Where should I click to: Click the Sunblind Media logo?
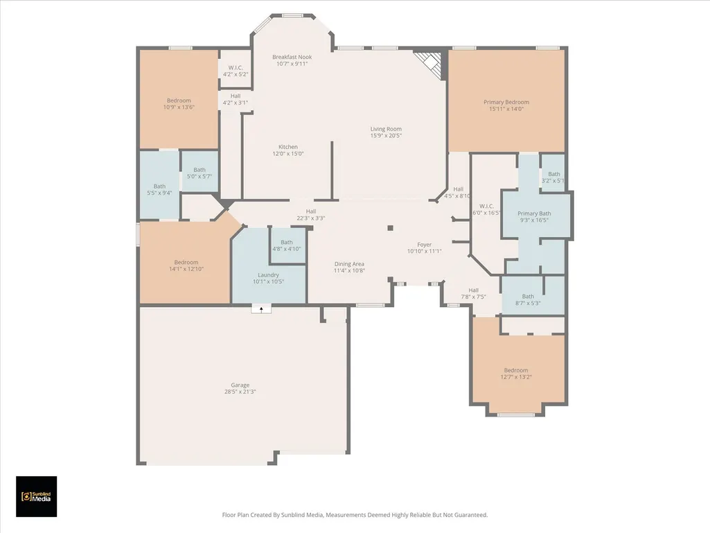pos(36,496)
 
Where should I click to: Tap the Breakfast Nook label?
pos(292,57)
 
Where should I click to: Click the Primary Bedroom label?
pos(506,103)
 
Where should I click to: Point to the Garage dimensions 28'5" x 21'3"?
pos(240,392)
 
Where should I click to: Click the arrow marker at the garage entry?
pos(261,309)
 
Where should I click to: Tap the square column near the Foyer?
pos(390,228)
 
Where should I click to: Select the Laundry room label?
pos(268,275)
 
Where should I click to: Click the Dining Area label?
pos(349,264)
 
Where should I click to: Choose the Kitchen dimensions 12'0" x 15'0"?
pos(288,154)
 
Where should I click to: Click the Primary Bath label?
pos(534,213)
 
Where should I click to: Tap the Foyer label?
pos(425,245)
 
